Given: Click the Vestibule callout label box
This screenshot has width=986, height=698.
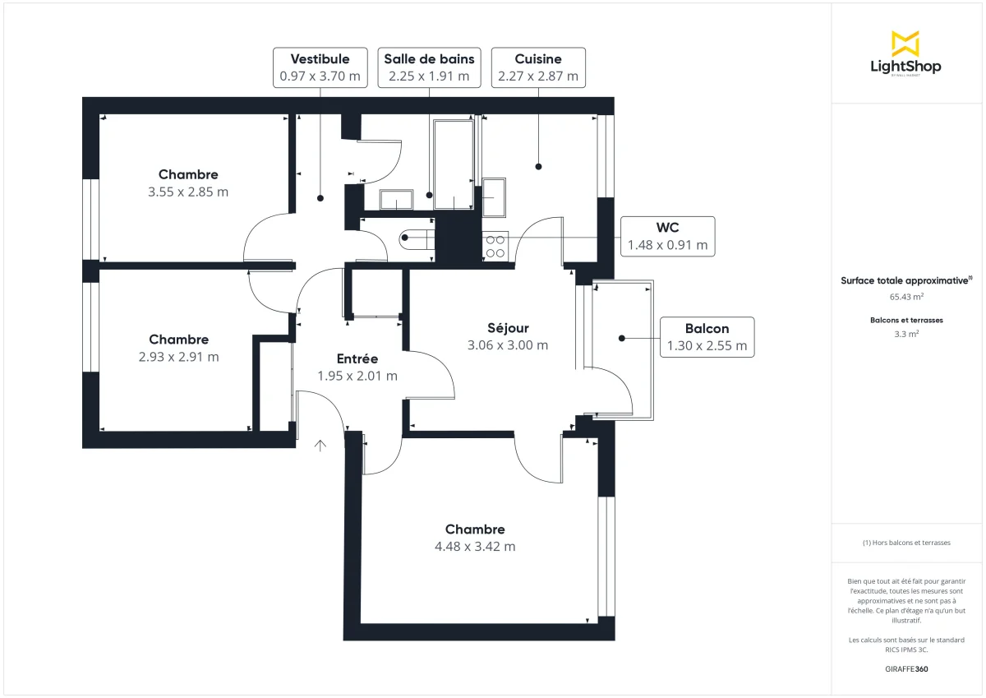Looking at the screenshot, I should click(x=320, y=67).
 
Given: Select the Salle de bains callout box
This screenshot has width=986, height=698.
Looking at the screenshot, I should click(x=429, y=67).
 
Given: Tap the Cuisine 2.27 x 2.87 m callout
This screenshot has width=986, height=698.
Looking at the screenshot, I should click(x=538, y=67).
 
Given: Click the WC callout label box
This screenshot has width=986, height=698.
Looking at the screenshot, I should click(x=667, y=237).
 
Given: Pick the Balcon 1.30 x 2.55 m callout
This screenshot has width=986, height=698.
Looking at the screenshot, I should click(x=707, y=337).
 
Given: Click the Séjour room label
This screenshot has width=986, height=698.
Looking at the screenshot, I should click(x=507, y=327).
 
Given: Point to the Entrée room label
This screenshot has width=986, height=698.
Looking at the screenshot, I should click(x=357, y=358).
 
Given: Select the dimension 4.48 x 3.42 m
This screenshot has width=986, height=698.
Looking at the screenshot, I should click(x=475, y=547).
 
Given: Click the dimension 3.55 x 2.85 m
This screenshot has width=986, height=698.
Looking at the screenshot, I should click(x=188, y=192).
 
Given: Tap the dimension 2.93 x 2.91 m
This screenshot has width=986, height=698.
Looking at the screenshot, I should click(x=178, y=357).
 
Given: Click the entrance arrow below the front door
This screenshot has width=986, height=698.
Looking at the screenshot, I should click(x=320, y=446).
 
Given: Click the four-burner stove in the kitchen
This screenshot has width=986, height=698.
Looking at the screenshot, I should click(x=495, y=246).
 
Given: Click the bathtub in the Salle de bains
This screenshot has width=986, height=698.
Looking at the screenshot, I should click(x=453, y=164).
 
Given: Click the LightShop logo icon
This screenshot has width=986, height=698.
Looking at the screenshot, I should click(x=905, y=43).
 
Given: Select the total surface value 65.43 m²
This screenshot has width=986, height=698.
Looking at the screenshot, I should click(x=905, y=297).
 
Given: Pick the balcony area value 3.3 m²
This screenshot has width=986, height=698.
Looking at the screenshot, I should click(x=905, y=334).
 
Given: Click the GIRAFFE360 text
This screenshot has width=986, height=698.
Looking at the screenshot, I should click(x=905, y=669).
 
